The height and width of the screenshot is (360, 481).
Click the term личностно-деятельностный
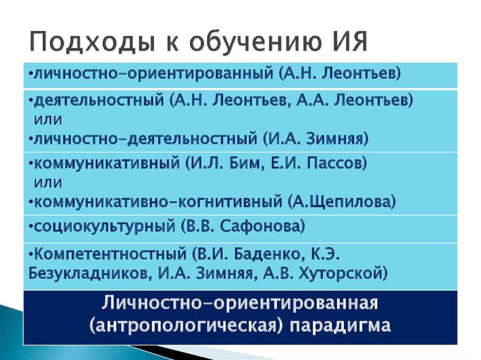point(146,138)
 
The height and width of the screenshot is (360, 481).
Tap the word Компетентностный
point(110,254)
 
